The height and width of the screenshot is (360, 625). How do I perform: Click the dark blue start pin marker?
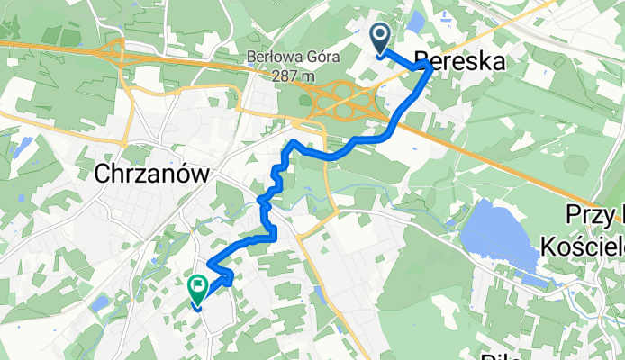pos(380,37)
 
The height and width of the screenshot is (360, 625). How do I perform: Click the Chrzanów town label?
pos(151,175)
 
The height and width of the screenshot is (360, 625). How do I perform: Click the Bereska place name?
pos(459,61)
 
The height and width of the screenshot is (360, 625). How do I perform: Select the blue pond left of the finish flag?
pos(100,303)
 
